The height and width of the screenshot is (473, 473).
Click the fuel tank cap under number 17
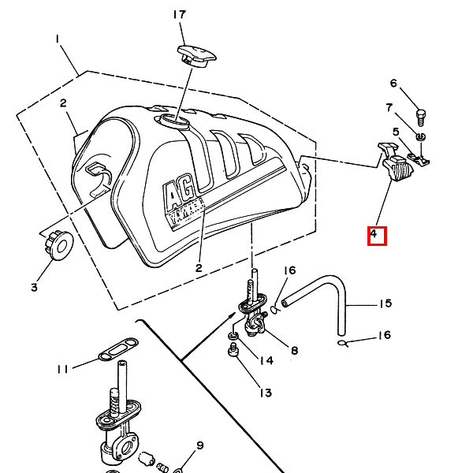[196, 56]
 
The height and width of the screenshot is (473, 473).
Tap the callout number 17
[180, 15]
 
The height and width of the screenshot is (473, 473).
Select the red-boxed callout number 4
[374, 233]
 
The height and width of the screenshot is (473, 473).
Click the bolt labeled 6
[421, 117]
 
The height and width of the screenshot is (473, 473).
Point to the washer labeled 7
[421, 136]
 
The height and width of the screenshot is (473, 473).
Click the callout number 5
[396, 132]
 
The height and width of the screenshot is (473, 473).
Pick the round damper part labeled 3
[59, 245]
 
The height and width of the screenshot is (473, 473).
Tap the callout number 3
[34, 287]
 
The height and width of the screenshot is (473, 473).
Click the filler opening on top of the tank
[172, 121]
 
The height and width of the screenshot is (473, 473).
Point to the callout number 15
[385, 304]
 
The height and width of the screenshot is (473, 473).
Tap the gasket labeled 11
[118, 349]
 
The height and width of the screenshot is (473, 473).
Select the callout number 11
[63, 369]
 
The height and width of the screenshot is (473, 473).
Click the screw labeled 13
[233, 350]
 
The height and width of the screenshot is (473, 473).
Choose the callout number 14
[266, 360]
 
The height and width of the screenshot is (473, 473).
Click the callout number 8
[294, 350]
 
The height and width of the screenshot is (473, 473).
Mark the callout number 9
[200, 445]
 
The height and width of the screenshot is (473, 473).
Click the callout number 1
[58, 39]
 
